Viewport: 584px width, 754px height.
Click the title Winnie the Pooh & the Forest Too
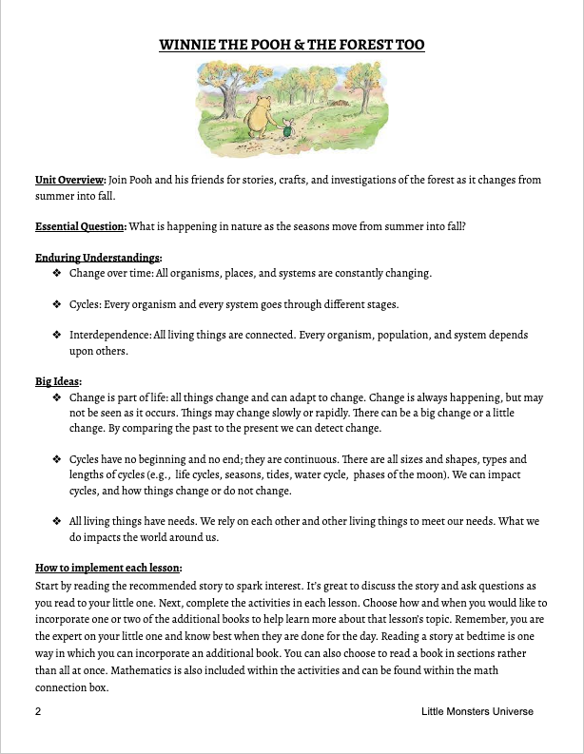292,45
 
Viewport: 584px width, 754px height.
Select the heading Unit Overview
69,179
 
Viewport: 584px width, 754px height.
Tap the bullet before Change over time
57,273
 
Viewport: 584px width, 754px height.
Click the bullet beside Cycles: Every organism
57,304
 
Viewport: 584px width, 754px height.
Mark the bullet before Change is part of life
57,397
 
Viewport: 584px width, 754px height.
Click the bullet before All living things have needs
57,521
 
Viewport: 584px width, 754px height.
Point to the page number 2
37,711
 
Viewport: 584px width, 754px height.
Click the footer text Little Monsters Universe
477,711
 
